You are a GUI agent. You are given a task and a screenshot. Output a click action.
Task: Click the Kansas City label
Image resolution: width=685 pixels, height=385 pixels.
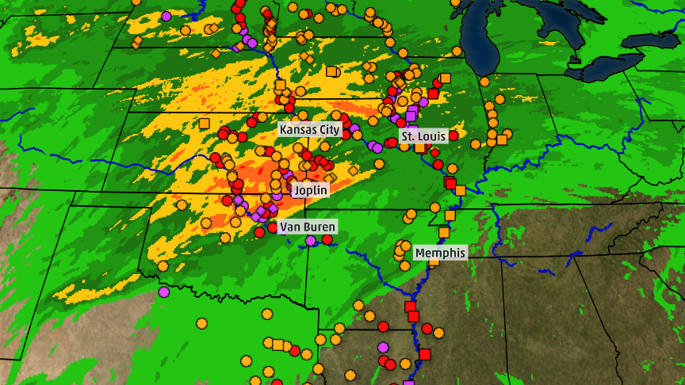(x=309, y=129)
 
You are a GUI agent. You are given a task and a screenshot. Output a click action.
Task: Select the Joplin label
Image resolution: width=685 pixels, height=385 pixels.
(x=310, y=190)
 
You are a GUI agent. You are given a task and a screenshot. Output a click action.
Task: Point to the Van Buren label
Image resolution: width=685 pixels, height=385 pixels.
(x=307, y=227)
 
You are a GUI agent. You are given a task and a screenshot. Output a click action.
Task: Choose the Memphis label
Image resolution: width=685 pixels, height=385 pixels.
(x=440, y=253)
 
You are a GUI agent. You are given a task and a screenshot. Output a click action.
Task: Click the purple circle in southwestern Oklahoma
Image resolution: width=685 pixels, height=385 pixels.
(x=164, y=292)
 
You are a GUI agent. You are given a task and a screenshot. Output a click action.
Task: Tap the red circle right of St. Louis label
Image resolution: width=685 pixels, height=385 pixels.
(x=453, y=135)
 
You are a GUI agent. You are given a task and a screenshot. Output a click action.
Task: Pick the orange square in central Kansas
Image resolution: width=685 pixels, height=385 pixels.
(x=204, y=123)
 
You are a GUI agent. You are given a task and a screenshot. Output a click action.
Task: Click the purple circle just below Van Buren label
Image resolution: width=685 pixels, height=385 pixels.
(x=310, y=240)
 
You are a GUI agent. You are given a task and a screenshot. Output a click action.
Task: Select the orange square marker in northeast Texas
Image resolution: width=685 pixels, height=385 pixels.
(x=277, y=344)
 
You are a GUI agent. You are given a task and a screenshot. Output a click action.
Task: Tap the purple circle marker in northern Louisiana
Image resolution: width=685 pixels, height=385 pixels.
(x=383, y=347)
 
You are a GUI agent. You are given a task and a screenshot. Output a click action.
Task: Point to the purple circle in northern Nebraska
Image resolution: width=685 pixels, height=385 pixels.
(x=166, y=16)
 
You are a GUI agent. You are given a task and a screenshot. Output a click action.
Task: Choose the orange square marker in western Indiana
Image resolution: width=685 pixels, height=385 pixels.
(x=501, y=139)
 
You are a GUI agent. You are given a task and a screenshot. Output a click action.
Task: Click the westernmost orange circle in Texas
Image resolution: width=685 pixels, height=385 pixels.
(x=201, y=323)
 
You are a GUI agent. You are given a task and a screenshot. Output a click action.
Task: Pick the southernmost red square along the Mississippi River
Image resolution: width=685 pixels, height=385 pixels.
(x=424, y=353)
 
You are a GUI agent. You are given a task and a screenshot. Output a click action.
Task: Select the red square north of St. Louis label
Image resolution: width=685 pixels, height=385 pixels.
(x=433, y=94)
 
